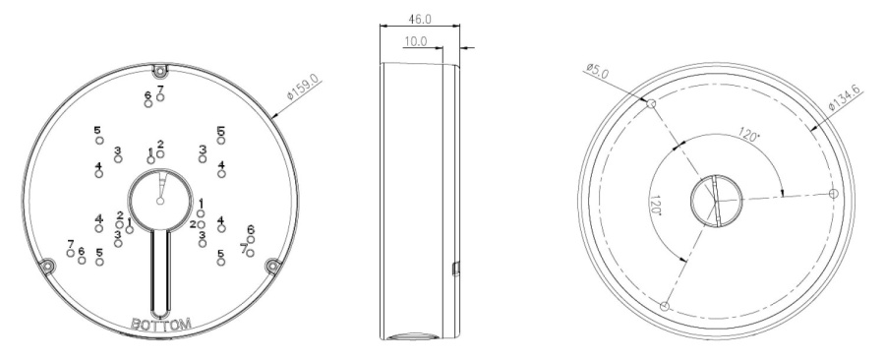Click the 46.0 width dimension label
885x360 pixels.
pyautogui.click(x=419, y=20)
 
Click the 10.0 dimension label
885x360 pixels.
pyautogui.click(x=416, y=41)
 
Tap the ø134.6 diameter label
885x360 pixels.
pyautogui.click(x=846, y=98)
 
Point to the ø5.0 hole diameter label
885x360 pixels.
pyautogui.click(x=598, y=71)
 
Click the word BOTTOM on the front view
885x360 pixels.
pyautogui.click(x=161, y=325)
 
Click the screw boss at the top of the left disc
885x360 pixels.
pyautogui.click(x=161, y=71)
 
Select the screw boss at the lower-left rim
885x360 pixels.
pyautogui.click(x=47, y=266)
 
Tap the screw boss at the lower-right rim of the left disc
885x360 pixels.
pyautogui.click(x=273, y=266)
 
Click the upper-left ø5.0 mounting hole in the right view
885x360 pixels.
pyautogui.click(x=651, y=104)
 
